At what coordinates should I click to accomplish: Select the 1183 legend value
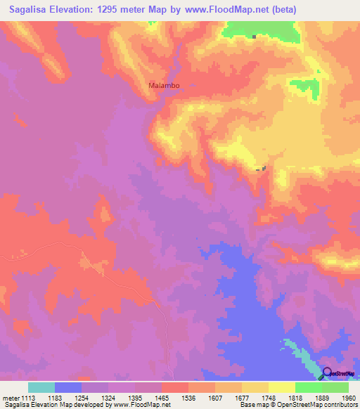tap(67, 397)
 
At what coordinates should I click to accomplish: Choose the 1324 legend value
tap(121, 397)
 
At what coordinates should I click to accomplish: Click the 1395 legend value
tap(148, 397)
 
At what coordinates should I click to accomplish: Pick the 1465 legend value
tap(174, 397)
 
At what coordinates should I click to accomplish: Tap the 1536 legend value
tap(201, 397)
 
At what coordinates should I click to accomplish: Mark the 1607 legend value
tap(228, 397)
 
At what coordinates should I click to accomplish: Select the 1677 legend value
tap(255, 397)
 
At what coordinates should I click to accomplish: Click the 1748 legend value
tap(281, 397)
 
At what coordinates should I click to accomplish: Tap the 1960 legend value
tap(349, 397)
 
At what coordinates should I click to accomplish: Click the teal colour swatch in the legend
tap(41, 387)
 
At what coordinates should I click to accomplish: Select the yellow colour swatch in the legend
tap(282, 387)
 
